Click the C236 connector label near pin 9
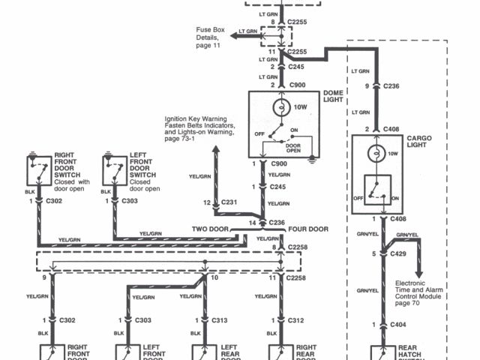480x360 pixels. click(391, 86)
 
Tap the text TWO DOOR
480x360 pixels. click(209, 229)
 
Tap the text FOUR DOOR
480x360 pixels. click(307, 229)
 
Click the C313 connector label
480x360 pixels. click(219, 320)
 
